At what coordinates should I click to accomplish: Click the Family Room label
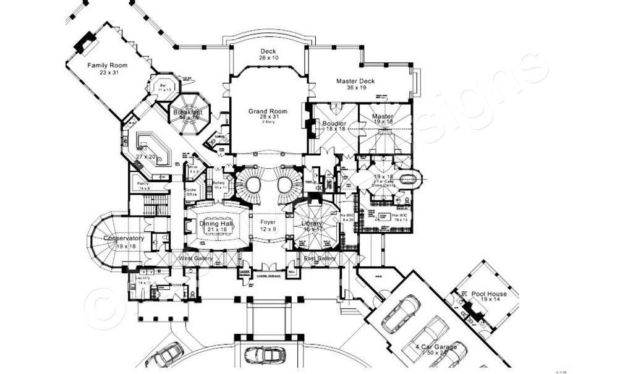[107, 66]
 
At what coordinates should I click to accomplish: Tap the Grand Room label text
[268, 112]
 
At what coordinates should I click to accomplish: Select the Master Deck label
[355, 81]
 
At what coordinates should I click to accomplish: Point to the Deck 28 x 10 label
[268, 52]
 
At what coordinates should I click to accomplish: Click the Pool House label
[488, 294]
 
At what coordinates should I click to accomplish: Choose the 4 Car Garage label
[436, 347]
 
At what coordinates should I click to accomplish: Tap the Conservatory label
[124, 239]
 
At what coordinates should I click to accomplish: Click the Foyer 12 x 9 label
[268, 222]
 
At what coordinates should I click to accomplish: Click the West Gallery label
[195, 258]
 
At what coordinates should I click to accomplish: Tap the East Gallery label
[320, 258]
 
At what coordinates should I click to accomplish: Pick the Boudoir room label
[334, 124]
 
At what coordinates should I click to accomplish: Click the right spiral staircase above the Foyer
[288, 184]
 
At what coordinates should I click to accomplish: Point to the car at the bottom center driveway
[265, 355]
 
